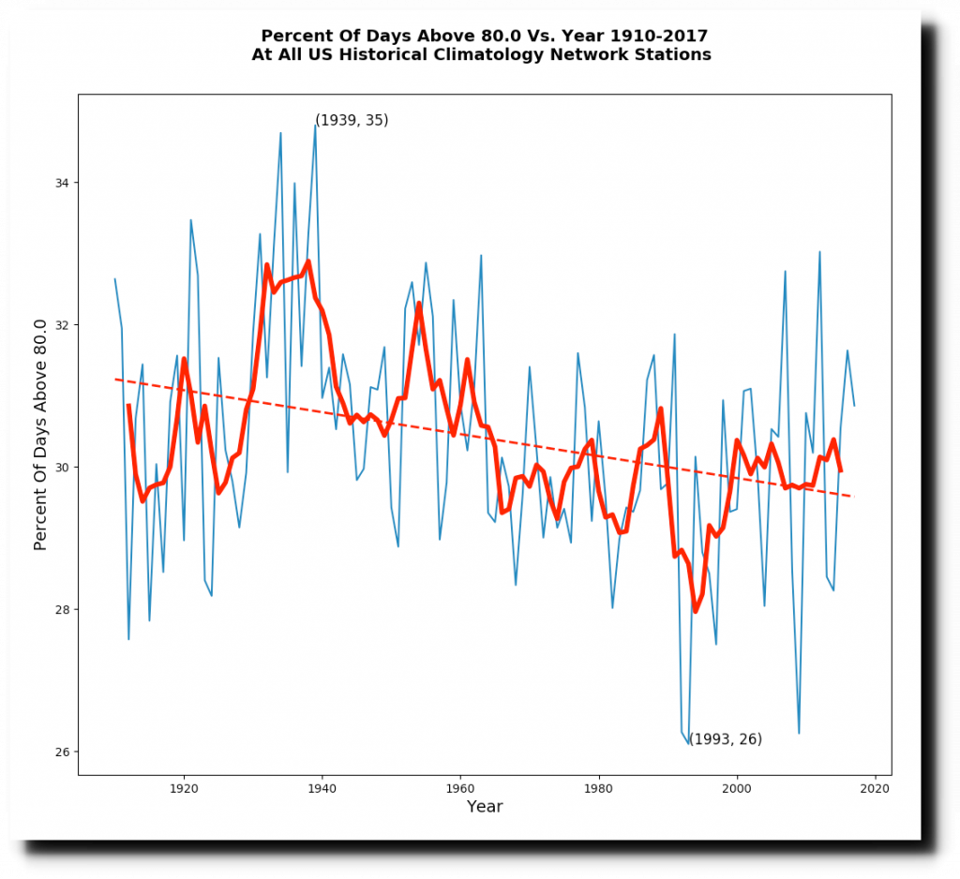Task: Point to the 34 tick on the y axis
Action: pyautogui.click(x=64, y=183)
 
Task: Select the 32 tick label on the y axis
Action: pyautogui.click(x=64, y=325)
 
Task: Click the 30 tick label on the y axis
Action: pyautogui.click(x=64, y=468)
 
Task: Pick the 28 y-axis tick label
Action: pyautogui.click(x=64, y=610)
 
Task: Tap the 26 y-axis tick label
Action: pyautogui.click(x=64, y=752)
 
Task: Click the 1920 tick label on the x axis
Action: pyautogui.click(x=184, y=790)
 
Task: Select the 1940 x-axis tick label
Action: pyautogui.click(x=322, y=790)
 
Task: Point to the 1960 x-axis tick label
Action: pyautogui.click(x=460, y=790)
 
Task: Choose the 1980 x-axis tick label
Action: pyautogui.click(x=599, y=790)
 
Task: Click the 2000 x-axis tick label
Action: pyautogui.click(x=737, y=790)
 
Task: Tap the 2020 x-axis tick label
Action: pyautogui.click(x=876, y=790)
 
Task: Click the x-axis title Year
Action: pyautogui.click(x=485, y=807)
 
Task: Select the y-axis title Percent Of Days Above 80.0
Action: pyautogui.click(x=40, y=434)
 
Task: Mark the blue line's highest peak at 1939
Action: pyautogui.click(x=315, y=125)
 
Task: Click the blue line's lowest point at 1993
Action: pyautogui.click(x=689, y=744)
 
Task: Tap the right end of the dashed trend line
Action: pyautogui.click(x=854, y=497)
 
